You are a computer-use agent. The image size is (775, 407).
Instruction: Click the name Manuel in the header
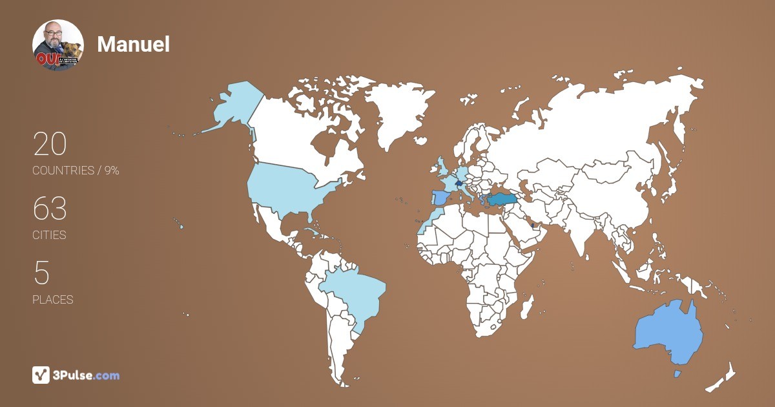tap(133, 44)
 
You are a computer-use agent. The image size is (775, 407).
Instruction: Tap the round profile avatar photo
tap(58, 45)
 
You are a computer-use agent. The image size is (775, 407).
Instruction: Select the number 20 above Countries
tap(50, 144)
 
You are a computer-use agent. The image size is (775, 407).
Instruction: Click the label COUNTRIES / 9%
tap(76, 171)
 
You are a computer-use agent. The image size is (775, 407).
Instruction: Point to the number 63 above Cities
tap(50, 209)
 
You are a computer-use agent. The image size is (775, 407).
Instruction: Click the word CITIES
tap(49, 235)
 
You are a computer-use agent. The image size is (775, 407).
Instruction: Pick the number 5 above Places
tap(41, 273)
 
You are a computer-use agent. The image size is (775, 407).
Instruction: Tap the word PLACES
tap(52, 300)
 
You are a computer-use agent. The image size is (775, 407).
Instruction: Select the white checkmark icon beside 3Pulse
tap(41, 375)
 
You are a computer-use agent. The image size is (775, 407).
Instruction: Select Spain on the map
tap(441, 197)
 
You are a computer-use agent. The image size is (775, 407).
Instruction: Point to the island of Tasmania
tap(677, 373)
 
